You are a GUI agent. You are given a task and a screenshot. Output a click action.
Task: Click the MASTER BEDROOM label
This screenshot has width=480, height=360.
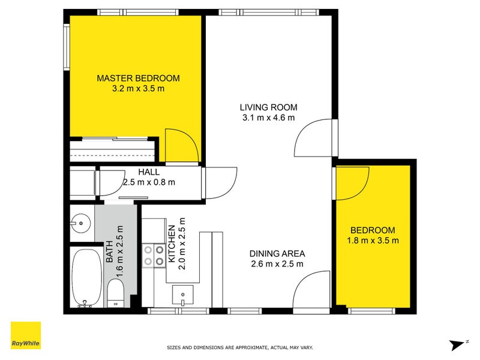click(x=138, y=79)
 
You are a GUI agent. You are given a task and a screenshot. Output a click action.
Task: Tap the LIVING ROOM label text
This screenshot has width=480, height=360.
click(x=268, y=107)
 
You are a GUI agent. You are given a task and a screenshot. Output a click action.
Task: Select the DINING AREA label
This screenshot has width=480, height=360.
click(x=277, y=253)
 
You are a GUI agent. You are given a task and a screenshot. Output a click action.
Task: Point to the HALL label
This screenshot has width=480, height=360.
click(x=149, y=172)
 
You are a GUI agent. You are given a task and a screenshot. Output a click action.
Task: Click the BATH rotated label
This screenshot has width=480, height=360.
click(x=110, y=256)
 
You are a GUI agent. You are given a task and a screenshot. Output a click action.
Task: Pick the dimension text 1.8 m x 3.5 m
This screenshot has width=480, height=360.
click(x=373, y=241)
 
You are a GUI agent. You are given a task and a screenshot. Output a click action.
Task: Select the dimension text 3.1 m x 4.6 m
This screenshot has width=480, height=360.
click(x=268, y=118)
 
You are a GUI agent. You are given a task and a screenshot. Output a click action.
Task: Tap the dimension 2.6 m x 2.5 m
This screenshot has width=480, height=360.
click(x=277, y=263)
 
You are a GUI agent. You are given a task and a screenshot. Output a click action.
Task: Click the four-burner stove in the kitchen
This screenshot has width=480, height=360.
click(x=154, y=255)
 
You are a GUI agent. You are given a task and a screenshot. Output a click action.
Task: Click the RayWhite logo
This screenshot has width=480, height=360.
click(x=26, y=336)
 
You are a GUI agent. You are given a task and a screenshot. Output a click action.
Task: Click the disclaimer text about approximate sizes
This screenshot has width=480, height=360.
click(x=239, y=347)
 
